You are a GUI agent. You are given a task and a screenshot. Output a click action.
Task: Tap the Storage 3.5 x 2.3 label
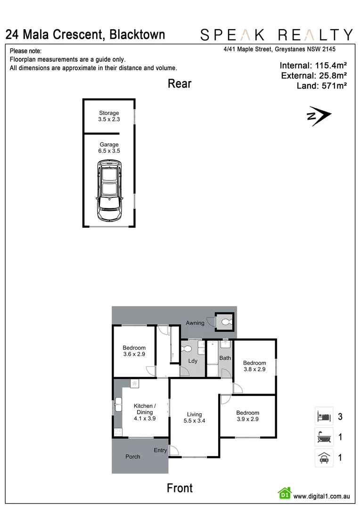pos(109,116)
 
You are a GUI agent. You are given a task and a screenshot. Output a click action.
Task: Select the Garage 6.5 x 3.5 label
pos(109,148)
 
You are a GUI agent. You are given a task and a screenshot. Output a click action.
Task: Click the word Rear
pos(180,84)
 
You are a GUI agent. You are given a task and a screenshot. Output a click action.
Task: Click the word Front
pos(180,488)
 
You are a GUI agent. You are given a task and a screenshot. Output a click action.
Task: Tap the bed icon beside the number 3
pos(324,417)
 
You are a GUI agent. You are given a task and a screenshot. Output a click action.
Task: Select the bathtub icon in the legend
pos(324,437)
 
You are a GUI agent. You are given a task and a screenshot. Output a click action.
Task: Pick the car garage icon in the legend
pos(324,458)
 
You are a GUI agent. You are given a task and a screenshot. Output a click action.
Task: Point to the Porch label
pos(133,457)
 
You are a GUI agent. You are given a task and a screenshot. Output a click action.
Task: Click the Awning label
pos(195,323)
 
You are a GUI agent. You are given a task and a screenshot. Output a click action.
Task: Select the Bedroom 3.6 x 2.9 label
pos(134,351)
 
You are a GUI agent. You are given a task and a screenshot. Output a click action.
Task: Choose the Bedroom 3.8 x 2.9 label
pos(254,366)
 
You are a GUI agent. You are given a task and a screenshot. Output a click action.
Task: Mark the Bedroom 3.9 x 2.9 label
pos(248,416)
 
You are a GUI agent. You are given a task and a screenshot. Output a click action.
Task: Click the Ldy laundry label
pos(193,361)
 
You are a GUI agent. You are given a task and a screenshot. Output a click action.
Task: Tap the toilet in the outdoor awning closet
pos(225,322)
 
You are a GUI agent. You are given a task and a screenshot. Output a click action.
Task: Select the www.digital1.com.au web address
pos(321,496)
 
